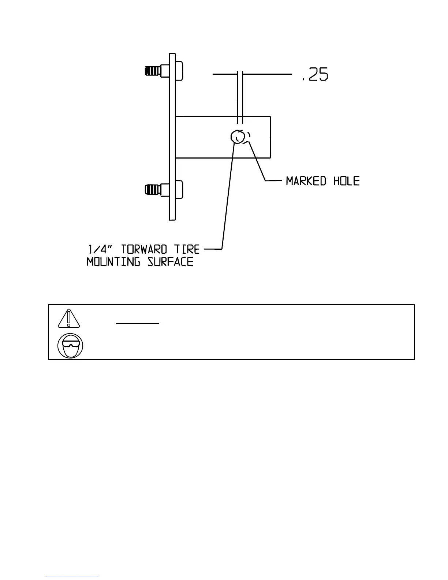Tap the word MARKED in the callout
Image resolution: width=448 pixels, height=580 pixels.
306,181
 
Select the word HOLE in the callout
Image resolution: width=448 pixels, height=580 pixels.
346,181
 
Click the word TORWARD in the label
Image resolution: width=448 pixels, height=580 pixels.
144,250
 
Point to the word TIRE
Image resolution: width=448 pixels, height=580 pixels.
187,250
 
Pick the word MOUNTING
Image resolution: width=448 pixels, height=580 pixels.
113,262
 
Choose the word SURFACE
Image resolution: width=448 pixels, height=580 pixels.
171,262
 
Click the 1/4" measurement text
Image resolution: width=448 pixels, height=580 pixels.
97,250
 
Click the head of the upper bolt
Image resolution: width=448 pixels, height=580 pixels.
179,70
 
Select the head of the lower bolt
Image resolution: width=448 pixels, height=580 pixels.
179,190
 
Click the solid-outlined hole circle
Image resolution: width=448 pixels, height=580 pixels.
238,137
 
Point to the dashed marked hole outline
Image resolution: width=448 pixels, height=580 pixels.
248,137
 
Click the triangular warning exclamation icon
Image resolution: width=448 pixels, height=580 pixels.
68,318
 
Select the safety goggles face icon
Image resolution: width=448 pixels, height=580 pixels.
70,346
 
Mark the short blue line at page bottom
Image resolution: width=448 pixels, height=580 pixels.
72,577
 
